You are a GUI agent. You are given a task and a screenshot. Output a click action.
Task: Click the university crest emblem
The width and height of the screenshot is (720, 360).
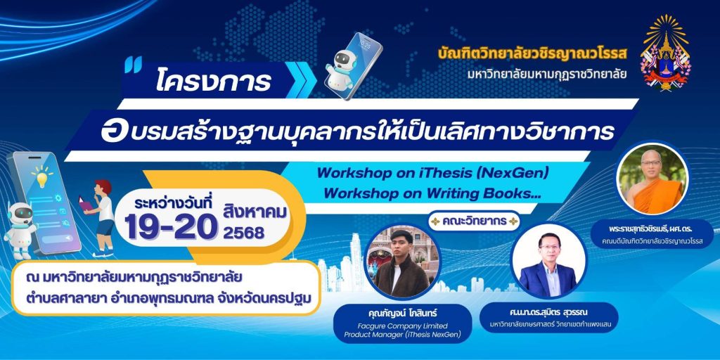pos(664,53)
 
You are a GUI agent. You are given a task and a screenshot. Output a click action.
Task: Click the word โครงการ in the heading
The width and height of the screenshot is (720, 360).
pos(212,82)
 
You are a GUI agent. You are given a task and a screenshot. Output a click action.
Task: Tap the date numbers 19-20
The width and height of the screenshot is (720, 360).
pos(170,227)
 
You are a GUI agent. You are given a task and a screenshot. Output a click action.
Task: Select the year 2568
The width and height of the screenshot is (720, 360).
pos(243,233)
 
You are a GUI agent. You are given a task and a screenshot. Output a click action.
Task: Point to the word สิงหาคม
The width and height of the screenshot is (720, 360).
pos(254,212)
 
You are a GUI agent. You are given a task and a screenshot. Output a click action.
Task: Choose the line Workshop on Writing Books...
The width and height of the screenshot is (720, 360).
pos(432,193)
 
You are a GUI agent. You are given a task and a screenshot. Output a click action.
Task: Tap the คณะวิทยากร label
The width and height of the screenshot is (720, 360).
pos(474,221)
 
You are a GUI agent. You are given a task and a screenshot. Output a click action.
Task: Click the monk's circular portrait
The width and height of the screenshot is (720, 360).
pos(652,178)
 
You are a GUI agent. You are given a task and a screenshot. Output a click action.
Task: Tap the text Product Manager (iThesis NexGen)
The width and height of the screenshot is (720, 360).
pos(402,334)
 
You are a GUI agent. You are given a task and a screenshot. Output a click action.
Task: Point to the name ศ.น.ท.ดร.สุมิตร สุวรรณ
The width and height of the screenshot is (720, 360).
pos(548,313)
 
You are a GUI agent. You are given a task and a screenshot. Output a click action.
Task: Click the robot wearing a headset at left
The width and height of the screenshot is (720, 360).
pos(20,228)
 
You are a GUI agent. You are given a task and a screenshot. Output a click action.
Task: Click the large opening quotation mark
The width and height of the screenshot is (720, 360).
pos(133,64)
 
